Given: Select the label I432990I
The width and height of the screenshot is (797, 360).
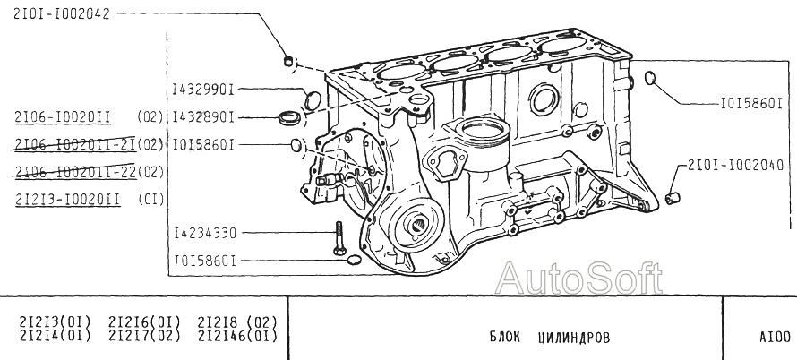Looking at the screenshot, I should coord(202,90).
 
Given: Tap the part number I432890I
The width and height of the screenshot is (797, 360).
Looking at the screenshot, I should coord(202,116).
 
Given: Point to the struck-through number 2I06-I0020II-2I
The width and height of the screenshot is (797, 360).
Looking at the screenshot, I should coord(75,144).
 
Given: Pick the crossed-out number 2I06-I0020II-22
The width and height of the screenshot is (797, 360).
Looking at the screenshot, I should coord(75,172).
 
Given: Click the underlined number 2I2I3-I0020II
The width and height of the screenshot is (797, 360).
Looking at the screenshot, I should coord(67,200).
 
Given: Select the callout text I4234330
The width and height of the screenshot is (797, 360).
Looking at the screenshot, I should coord(205,233).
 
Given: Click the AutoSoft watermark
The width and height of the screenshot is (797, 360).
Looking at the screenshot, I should coord(579,279).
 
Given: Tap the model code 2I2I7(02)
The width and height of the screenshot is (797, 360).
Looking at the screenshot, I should coord(144,336).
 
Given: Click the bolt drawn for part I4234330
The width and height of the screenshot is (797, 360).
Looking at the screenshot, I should coord(339,236).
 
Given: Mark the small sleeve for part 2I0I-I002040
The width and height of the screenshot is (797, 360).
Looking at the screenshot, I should coord(678,193).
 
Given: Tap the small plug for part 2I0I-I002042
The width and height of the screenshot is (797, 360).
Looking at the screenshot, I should coord(288,62).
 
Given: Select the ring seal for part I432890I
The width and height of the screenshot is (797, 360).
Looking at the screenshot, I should coord(290,117).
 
